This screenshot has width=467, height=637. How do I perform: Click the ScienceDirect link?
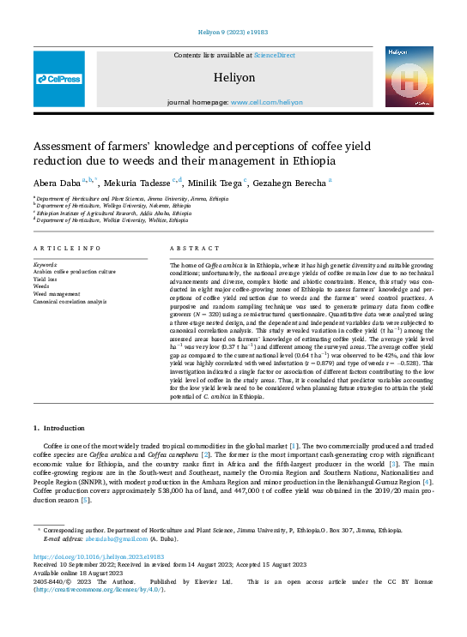click(274, 55)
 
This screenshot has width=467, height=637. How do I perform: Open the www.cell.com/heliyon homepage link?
click(267, 101)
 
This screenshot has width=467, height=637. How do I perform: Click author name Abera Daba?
click(57, 182)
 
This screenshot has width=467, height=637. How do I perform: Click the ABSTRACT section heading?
click(188, 248)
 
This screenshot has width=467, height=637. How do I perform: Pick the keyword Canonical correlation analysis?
click(70, 302)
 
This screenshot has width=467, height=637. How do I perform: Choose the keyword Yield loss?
click(46, 279)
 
